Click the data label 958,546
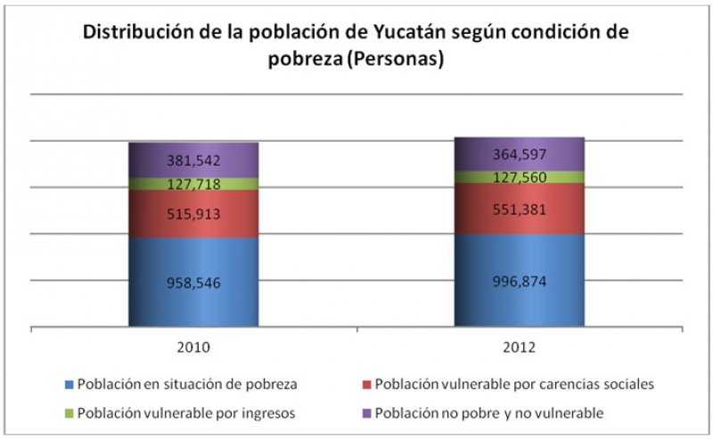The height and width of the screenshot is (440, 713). (193, 282)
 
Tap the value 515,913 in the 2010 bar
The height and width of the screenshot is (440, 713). (193, 214)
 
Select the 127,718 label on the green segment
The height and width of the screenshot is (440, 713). (193, 184)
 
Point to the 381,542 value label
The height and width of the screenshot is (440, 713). (193, 160)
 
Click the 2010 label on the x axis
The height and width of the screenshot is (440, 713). (193, 346)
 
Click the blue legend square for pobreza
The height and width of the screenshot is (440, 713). (70, 385)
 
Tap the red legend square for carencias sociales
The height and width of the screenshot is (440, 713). (366, 385)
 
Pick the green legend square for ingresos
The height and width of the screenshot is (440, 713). (70, 413)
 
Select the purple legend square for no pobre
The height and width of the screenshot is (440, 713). (366, 413)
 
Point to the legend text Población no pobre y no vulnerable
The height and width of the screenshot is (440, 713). (489, 413)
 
